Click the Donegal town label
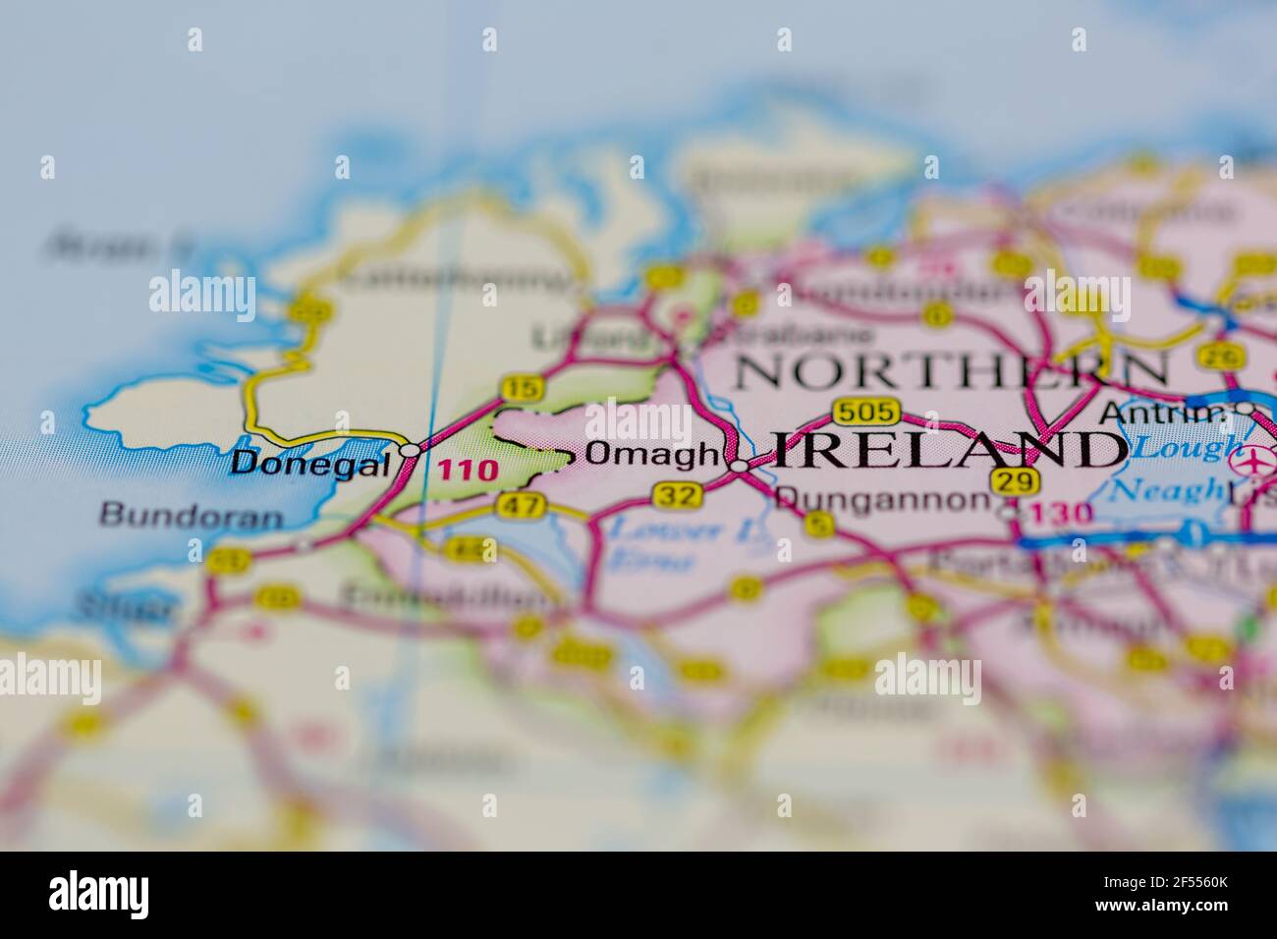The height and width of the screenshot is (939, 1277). (310, 463)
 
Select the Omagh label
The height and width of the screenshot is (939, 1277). (652, 454)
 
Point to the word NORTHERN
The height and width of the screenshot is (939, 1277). (952, 370)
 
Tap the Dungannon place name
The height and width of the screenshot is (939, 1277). (881, 499)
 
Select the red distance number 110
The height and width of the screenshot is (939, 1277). (468, 469)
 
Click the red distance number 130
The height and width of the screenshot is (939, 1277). (1064, 513)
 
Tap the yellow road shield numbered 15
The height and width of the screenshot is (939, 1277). (522, 389)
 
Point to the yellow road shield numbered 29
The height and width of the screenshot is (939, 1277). (1015, 481)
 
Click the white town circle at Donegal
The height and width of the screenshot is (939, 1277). (410, 450)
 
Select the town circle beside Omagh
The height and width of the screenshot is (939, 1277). (739, 466)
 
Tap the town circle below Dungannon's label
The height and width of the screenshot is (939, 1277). (1007, 512)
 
